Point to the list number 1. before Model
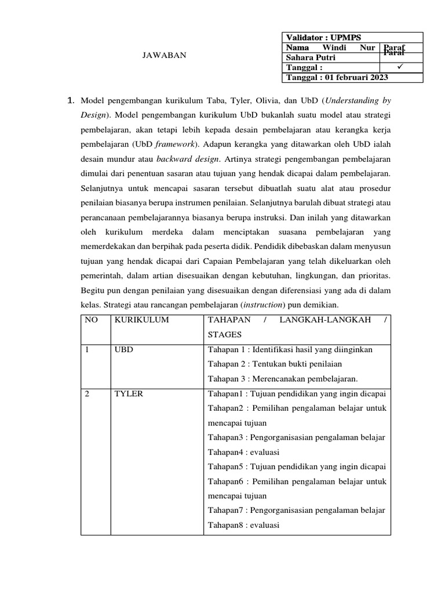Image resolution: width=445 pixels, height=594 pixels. pyautogui.click(x=71, y=102)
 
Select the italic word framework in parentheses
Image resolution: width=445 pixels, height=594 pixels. pyautogui.click(x=174, y=144)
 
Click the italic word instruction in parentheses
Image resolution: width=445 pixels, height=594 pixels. pyautogui.click(x=262, y=305)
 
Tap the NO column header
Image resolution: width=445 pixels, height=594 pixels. pyautogui.click(x=92, y=320)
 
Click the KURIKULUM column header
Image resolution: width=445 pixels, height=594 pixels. pyautogui.click(x=142, y=320)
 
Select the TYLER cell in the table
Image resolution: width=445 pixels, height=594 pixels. pyautogui.click(x=129, y=394)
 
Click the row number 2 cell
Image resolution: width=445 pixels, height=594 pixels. pyautogui.click(x=87, y=394)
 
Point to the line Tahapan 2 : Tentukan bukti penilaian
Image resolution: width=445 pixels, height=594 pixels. pyautogui.click(x=275, y=364)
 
